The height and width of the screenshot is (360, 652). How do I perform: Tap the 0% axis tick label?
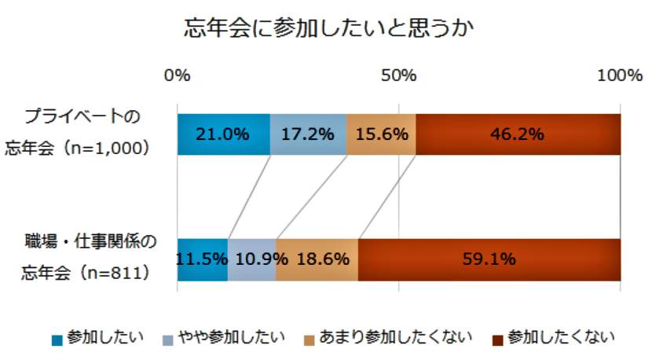(x=178, y=75)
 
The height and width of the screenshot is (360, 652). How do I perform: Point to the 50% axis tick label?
(x=399, y=75)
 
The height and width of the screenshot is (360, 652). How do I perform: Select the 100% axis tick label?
(x=619, y=75)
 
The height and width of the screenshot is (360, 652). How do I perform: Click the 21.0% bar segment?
(x=223, y=134)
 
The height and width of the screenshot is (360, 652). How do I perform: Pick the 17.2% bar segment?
(x=308, y=134)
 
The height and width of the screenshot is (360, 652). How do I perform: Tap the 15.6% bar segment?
(x=381, y=134)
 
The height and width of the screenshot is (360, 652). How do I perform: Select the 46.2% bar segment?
(x=518, y=134)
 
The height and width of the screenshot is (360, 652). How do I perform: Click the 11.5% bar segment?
(x=203, y=259)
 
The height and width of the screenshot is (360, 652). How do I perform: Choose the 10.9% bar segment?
(x=252, y=259)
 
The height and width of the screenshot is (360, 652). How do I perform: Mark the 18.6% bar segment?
(x=317, y=259)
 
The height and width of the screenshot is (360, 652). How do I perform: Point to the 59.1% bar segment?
(x=489, y=259)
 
